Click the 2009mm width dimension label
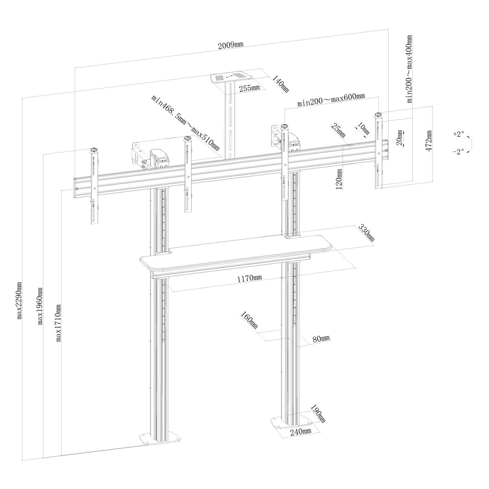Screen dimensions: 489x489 coord(231,45)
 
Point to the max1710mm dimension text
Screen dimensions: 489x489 coord(58,323)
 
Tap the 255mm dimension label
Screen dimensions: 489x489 coord(250,88)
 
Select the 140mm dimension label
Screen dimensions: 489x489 coord(281,84)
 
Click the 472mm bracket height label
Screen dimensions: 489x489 coord(429,141)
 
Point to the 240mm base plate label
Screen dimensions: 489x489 coord(301,432)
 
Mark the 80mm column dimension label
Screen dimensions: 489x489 coord(321,339)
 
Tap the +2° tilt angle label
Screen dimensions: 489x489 coord(458,134)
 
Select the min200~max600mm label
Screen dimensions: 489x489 coord(331,99)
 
